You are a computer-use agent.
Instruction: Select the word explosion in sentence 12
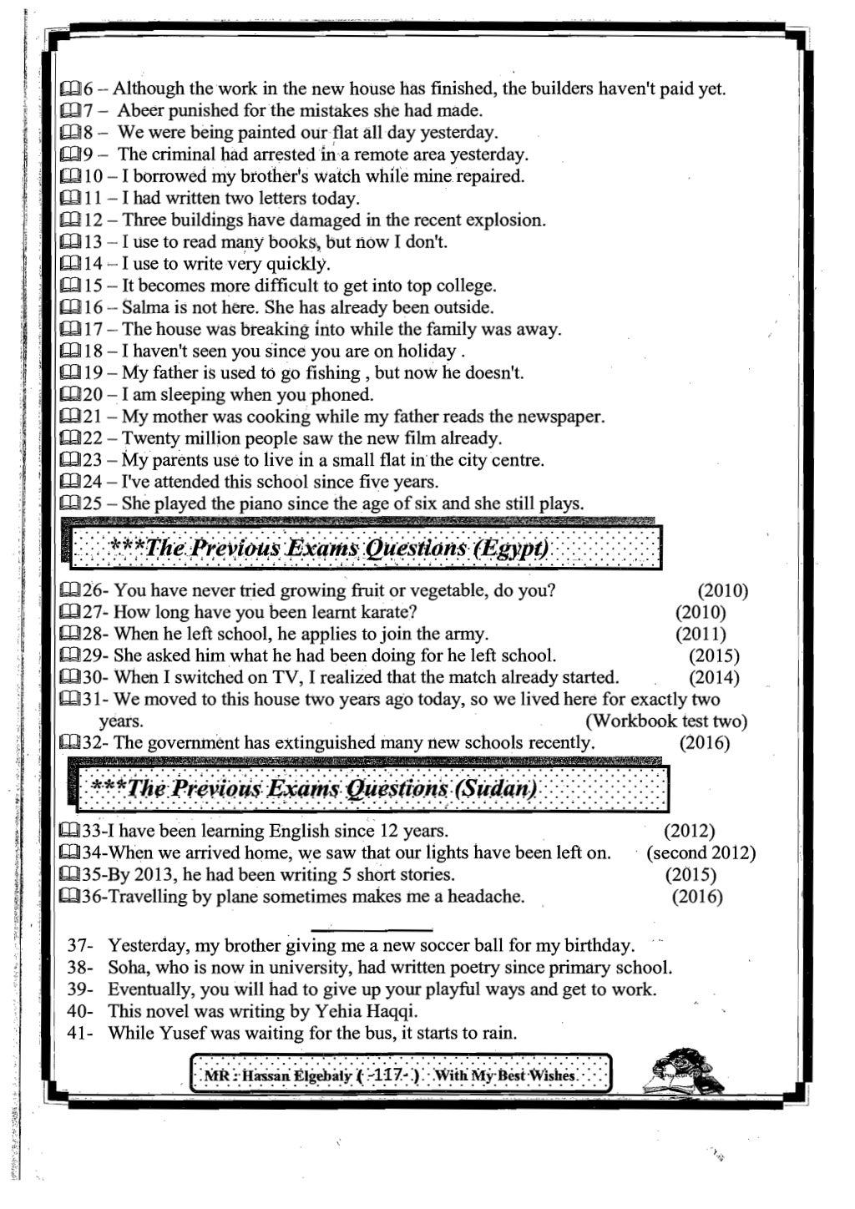[x=504, y=220]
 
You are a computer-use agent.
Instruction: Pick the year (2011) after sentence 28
[x=701, y=634]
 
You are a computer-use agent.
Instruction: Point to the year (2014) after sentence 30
[x=714, y=677]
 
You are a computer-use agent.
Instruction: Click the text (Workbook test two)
[x=665, y=721]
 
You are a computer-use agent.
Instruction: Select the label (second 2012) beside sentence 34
[x=702, y=853]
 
